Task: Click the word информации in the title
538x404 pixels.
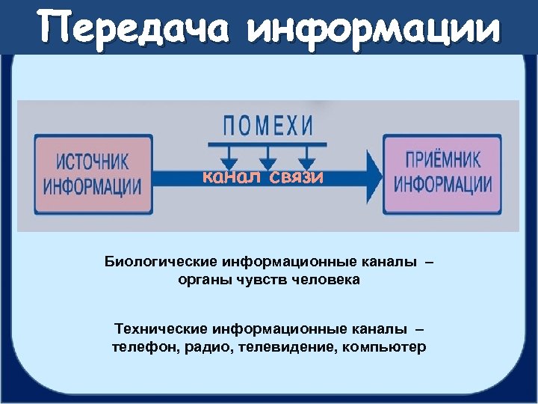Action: pyautogui.click(x=373, y=28)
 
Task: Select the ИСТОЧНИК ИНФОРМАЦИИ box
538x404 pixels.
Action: pyautogui.click(x=92, y=174)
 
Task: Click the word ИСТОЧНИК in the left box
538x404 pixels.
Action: pyautogui.click(x=92, y=162)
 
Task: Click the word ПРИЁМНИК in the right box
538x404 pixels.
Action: pyautogui.click(x=443, y=161)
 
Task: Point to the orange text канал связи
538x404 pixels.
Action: pyautogui.click(x=264, y=177)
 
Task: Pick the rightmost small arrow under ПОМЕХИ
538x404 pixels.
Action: pyautogui.click(x=305, y=159)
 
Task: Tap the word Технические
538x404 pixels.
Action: pyautogui.click(x=161, y=329)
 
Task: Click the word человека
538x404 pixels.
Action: pyautogui.click(x=330, y=280)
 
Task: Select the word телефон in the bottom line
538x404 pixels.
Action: pyautogui.click(x=140, y=348)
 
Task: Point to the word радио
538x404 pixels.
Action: pyautogui.click(x=198, y=348)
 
